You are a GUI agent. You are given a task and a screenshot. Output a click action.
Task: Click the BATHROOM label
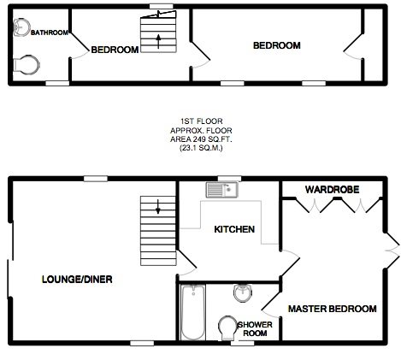[x=50, y=32]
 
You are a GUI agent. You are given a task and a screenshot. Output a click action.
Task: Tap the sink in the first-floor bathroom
[x=21, y=27]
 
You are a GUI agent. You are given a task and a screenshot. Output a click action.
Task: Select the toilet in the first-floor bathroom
[x=26, y=65]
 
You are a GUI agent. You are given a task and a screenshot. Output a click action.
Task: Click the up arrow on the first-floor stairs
[x=158, y=41]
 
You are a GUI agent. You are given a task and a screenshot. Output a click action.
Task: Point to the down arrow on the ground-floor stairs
[x=158, y=207]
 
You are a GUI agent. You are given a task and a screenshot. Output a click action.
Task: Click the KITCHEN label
[x=234, y=229]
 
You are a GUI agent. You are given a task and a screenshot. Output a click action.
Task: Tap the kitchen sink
[x=222, y=190]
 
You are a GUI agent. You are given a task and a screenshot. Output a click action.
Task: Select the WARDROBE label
[x=332, y=190]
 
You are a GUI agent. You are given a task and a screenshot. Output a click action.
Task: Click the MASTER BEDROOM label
[x=333, y=309]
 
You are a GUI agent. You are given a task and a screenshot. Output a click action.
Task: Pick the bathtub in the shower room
[x=193, y=312]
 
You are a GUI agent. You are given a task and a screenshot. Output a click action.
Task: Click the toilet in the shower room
[x=227, y=328]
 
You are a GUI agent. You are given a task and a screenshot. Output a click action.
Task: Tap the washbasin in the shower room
[x=243, y=293]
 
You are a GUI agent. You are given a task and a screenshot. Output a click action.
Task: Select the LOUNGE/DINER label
[x=77, y=280]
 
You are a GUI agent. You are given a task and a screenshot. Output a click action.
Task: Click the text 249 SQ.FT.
[x=211, y=139]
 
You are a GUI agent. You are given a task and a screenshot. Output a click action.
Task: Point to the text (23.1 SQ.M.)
[x=201, y=148]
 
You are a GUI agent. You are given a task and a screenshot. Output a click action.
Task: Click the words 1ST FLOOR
[x=201, y=121]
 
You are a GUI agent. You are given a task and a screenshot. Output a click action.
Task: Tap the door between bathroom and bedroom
[x=80, y=46]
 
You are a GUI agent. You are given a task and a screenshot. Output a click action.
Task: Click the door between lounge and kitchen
[x=187, y=263]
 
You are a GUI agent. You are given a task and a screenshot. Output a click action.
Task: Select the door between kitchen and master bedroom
[x=290, y=263]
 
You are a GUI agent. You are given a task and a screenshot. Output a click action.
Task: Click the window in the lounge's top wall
[x=96, y=179]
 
